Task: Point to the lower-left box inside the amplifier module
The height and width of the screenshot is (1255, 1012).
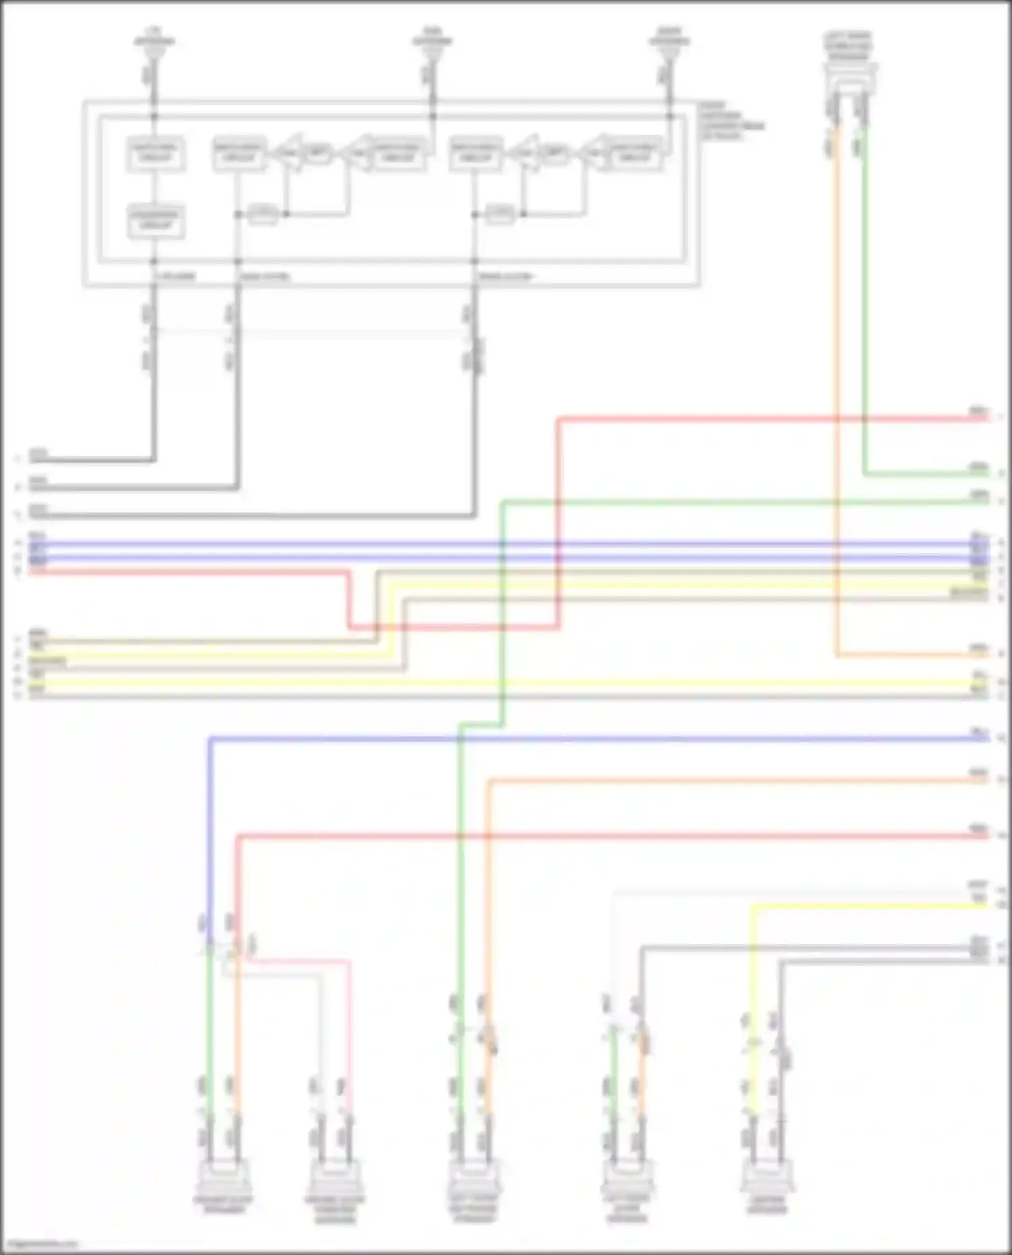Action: [x=156, y=221]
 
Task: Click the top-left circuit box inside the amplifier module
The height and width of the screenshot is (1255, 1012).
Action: [x=156, y=153]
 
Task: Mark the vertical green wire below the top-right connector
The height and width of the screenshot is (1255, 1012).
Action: [x=864, y=303]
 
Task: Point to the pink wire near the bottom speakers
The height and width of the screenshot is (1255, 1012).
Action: [x=349, y=1025]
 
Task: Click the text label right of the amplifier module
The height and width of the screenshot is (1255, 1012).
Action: [x=731, y=121]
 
